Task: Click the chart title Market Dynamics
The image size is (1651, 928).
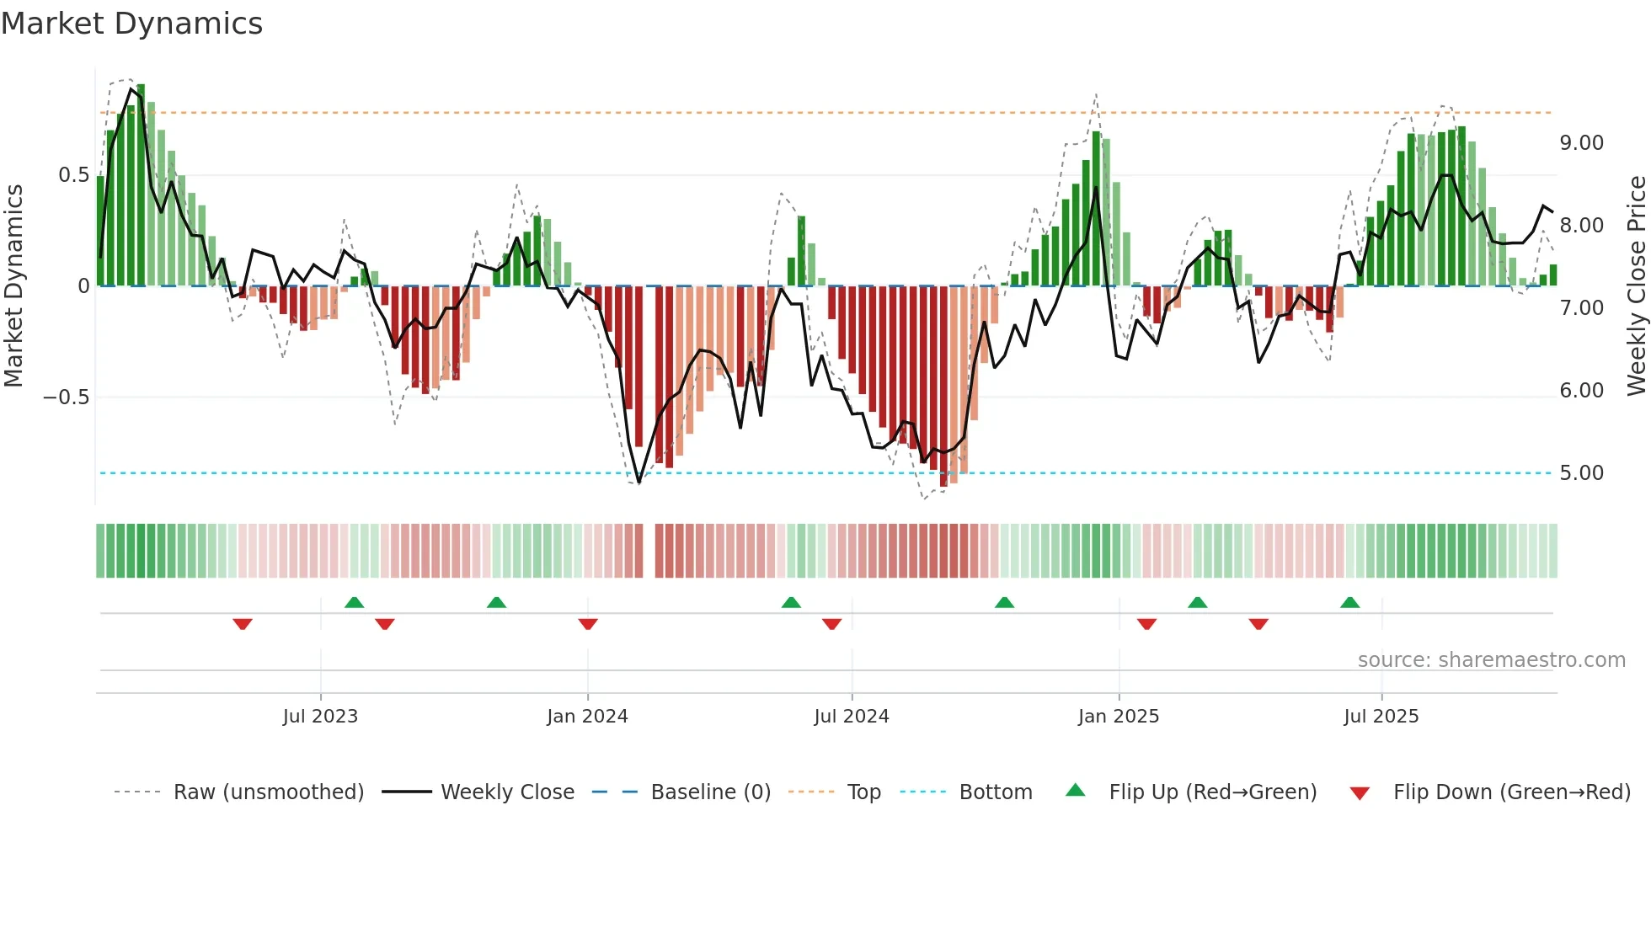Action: [131, 24]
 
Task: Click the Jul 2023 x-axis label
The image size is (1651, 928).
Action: [320, 717]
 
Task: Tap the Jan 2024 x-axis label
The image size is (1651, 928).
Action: [587, 717]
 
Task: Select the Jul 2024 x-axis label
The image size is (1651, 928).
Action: [852, 717]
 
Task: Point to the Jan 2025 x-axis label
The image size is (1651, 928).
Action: [1119, 717]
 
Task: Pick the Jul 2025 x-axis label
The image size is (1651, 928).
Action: [1381, 717]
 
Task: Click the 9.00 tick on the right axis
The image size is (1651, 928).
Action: [1581, 143]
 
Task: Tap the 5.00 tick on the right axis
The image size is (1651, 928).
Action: [1581, 473]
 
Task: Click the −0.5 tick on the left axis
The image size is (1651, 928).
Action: [67, 397]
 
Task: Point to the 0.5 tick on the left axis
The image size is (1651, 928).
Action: [73, 175]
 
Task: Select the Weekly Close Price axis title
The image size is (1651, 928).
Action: [1636, 286]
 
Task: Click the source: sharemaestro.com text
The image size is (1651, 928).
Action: [1491, 660]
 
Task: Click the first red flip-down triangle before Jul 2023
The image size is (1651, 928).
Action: [243, 624]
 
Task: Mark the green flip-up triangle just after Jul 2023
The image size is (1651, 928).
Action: [355, 602]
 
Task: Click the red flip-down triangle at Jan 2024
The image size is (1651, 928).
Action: [588, 624]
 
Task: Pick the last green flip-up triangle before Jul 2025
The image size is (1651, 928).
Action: [1350, 602]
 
